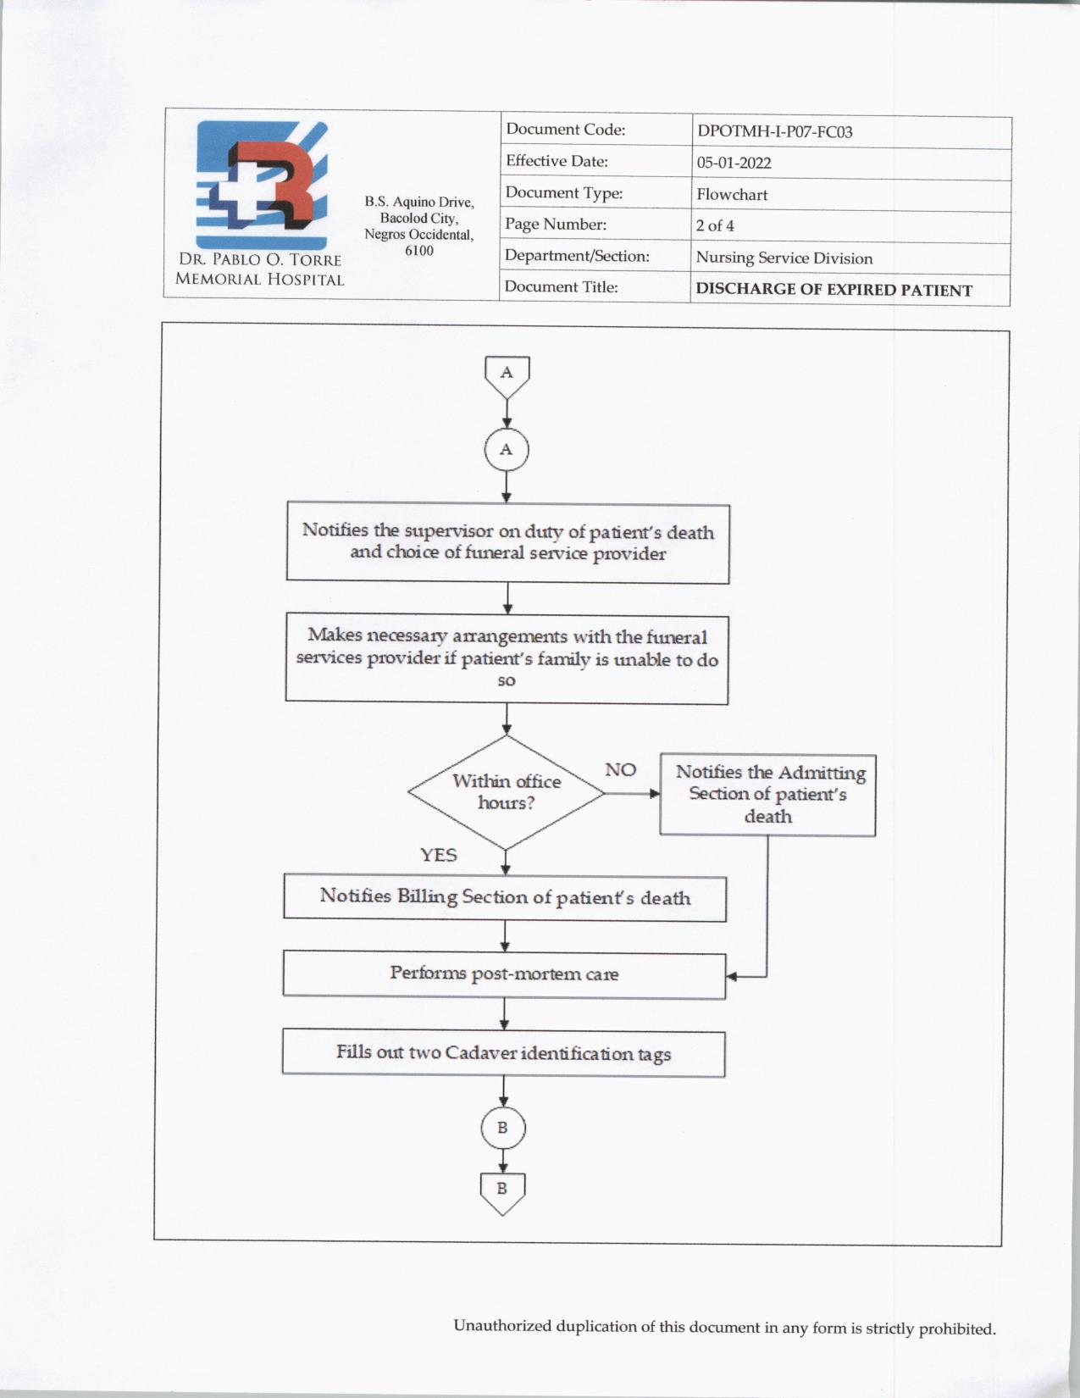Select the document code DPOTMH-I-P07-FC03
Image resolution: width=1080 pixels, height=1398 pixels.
coord(774,131)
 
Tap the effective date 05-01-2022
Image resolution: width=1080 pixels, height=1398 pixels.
coord(734,163)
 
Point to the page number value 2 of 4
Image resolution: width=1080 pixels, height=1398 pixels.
coord(715,225)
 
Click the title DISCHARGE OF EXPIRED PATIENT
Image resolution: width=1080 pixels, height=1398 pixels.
coord(834,289)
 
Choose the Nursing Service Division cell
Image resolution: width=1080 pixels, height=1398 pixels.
coord(784,258)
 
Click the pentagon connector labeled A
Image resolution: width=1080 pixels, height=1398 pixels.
coord(507,374)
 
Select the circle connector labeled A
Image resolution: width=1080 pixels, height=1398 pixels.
coord(507,449)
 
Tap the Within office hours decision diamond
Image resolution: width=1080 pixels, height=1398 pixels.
coord(507,792)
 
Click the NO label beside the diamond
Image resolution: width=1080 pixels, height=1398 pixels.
coord(620,769)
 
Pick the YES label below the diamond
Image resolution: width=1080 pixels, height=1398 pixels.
coord(438,855)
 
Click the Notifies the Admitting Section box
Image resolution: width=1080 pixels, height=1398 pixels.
coord(768,795)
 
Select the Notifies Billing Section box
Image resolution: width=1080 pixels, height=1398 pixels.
coord(505,897)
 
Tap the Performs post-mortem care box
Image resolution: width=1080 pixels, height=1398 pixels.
coord(504,974)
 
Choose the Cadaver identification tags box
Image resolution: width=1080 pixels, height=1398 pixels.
coord(503,1053)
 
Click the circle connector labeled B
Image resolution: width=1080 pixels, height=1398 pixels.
coord(502,1128)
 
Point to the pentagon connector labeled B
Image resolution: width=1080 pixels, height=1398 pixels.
coord(502,1190)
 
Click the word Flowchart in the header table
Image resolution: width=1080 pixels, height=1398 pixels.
coord(732,194)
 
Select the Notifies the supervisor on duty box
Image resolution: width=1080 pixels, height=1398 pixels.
coord(507,542)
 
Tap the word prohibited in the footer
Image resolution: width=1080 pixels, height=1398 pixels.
coord(957,1329)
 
